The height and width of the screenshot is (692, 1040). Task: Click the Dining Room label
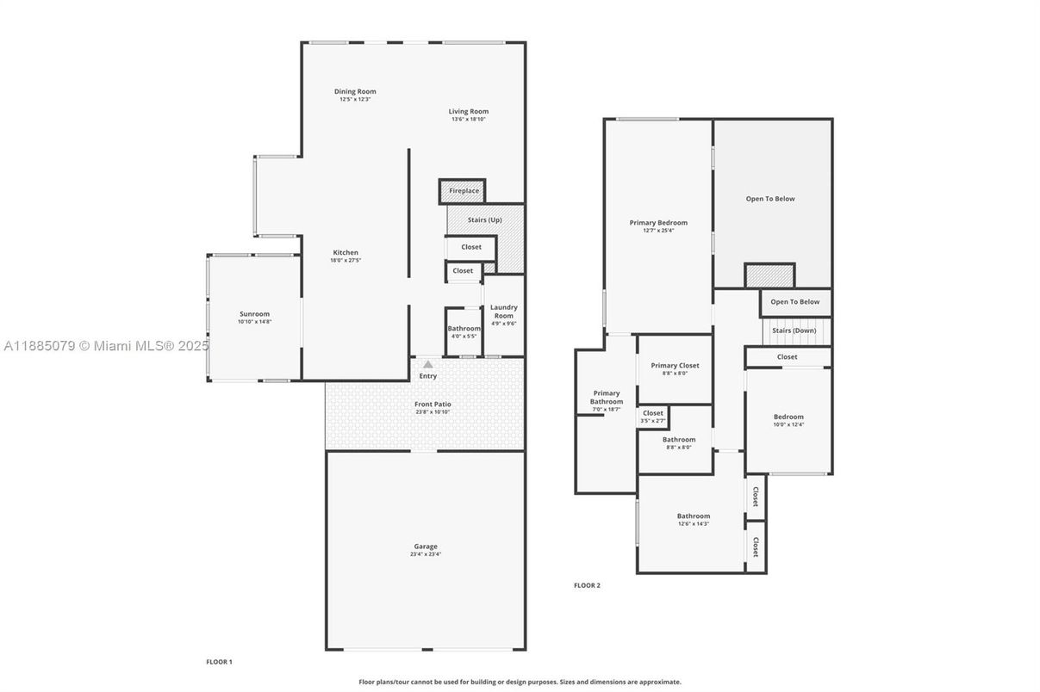(355, 91)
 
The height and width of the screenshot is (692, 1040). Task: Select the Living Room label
(468, 111)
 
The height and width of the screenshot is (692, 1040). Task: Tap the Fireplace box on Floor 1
(463, 190)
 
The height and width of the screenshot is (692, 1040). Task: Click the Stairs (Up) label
(484, 219)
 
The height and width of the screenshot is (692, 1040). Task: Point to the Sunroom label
(254, 314)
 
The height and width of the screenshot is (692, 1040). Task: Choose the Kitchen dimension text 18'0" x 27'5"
(346, 260)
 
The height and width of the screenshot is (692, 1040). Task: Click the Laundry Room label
(503, 312)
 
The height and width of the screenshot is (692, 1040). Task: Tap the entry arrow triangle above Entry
(427, 365)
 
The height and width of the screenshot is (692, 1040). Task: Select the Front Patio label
(433, 404)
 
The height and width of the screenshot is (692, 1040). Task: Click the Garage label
(425, 547)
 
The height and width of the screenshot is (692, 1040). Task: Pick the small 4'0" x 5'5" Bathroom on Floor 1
(464, 331)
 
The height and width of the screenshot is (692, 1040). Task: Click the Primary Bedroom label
(658, 223)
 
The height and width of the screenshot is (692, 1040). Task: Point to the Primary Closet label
(675, 366)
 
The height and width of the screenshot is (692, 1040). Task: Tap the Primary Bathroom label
(606, 398)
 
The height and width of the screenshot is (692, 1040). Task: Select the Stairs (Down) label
(794, 331)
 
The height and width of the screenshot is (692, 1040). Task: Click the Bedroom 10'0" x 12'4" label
(788, 417)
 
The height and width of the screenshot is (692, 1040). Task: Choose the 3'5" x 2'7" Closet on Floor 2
(653, 416)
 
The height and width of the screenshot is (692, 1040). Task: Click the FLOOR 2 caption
(587, 585)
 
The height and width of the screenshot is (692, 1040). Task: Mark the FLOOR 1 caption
(219, 662)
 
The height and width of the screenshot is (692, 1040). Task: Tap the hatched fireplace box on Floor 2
(769, 275)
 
